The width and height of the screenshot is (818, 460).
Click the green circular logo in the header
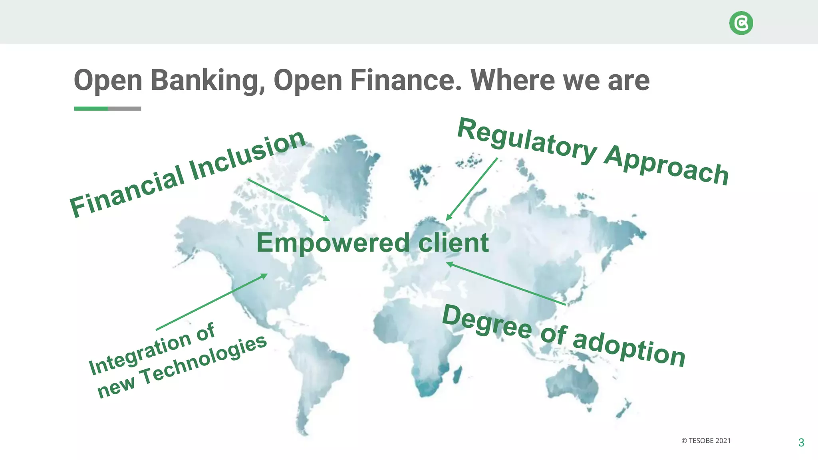coord(741,23)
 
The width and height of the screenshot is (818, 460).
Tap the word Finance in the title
coord(405,80)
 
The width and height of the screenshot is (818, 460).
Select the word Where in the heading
coord(512,80)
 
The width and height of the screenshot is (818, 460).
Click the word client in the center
coord(453,243)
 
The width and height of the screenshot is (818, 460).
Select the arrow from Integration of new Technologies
coord(212,302)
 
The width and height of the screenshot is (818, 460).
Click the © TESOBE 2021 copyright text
coord(706,441)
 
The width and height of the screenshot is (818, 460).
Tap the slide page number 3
coord(801,442)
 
